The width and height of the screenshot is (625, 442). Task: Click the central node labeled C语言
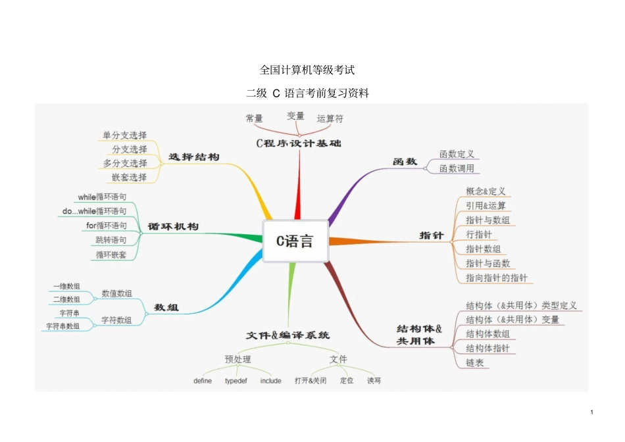pos(294,241)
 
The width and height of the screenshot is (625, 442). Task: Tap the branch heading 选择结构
pos(194,157)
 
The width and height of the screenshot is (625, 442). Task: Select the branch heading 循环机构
pos(173,226)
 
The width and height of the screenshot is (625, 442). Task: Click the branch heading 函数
pos(405,161)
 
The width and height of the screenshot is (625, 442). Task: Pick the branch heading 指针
pos(432,235)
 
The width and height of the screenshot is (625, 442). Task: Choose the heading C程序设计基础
pos(299,143)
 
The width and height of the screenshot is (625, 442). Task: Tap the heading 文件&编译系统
pos(288,335)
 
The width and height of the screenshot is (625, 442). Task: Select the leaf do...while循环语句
pos(95,211)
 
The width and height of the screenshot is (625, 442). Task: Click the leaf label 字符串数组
pos(63,326)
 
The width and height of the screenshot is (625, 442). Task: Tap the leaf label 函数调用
pos(457,168)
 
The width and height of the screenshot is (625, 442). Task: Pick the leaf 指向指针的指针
pos(496,278)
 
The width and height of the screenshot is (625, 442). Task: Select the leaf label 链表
pos(474,363)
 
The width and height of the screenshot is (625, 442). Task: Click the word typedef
pos(236,381)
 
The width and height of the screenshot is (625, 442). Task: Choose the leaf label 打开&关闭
pos(310,381)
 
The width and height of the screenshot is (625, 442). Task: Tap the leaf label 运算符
pos(330,119)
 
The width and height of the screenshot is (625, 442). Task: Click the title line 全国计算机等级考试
pos(307,70)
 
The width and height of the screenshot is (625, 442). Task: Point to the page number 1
pos(592,412)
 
